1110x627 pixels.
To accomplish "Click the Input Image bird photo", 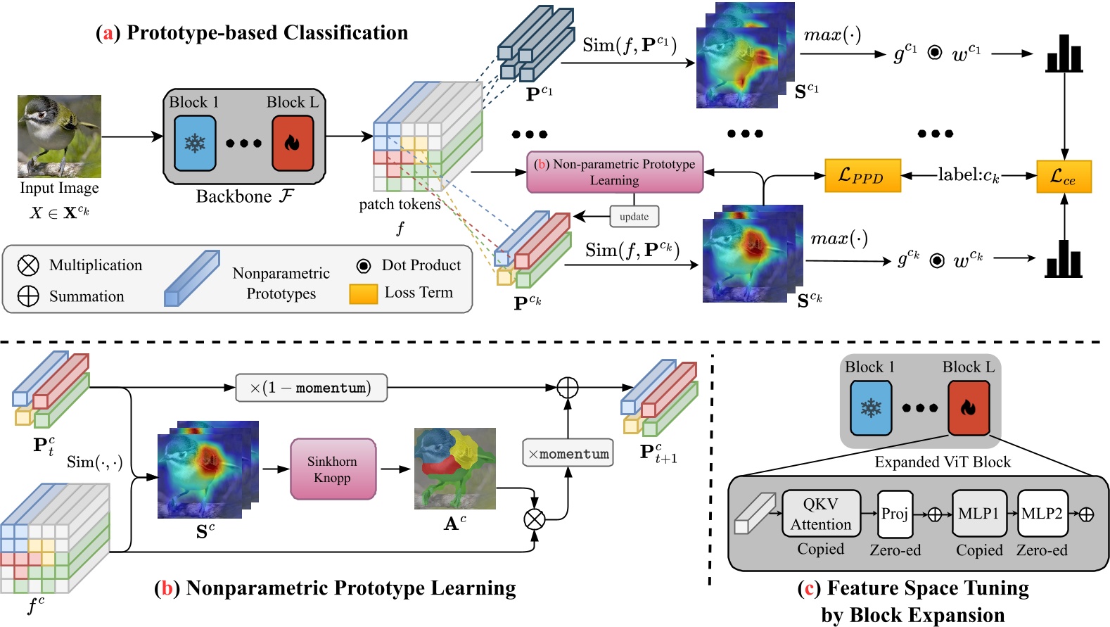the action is [60, 137].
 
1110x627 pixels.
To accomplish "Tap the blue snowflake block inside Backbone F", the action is [195, 144].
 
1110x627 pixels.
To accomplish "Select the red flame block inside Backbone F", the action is [293, 144].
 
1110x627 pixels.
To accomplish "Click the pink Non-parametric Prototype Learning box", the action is [615, 172].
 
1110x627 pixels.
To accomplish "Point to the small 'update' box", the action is [634, 217].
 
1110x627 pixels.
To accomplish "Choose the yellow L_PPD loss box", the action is [862, 175].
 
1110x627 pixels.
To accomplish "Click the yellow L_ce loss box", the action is [1064, 177].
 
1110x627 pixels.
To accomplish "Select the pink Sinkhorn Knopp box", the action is [333, 469].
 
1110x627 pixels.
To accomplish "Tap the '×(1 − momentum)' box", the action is [311, 388].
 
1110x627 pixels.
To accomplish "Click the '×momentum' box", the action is [568, 452].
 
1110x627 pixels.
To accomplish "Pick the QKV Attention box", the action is [821, 514].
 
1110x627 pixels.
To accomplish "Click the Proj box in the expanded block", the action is [895, 514].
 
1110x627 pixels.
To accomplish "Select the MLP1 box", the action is [979, 514].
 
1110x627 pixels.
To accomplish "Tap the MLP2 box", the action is [1042, 514].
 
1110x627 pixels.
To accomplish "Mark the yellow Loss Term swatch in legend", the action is [364, 294].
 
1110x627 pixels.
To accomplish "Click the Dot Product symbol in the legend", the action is [364, 266].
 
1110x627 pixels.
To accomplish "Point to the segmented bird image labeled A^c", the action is [455, 469].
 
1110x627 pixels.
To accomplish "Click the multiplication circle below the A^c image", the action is [535, 519].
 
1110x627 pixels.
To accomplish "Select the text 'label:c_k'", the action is [969, 175].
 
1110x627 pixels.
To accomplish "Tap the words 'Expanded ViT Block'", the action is [943, 462].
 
